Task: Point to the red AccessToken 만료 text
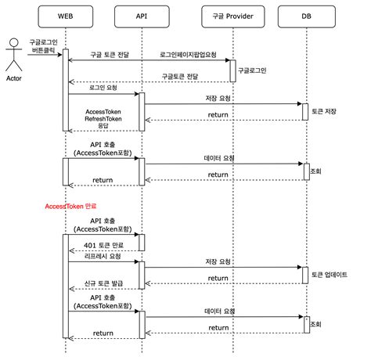[x=70, y=206]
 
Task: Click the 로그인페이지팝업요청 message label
[x=189, y=55]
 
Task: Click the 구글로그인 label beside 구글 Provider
[x=253, y=70]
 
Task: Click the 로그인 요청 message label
[x=104, y=88]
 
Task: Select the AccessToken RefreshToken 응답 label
[x=103, y=117]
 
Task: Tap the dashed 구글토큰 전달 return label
[x=181, y=76]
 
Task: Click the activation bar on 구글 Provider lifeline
[x=231, y=70]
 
